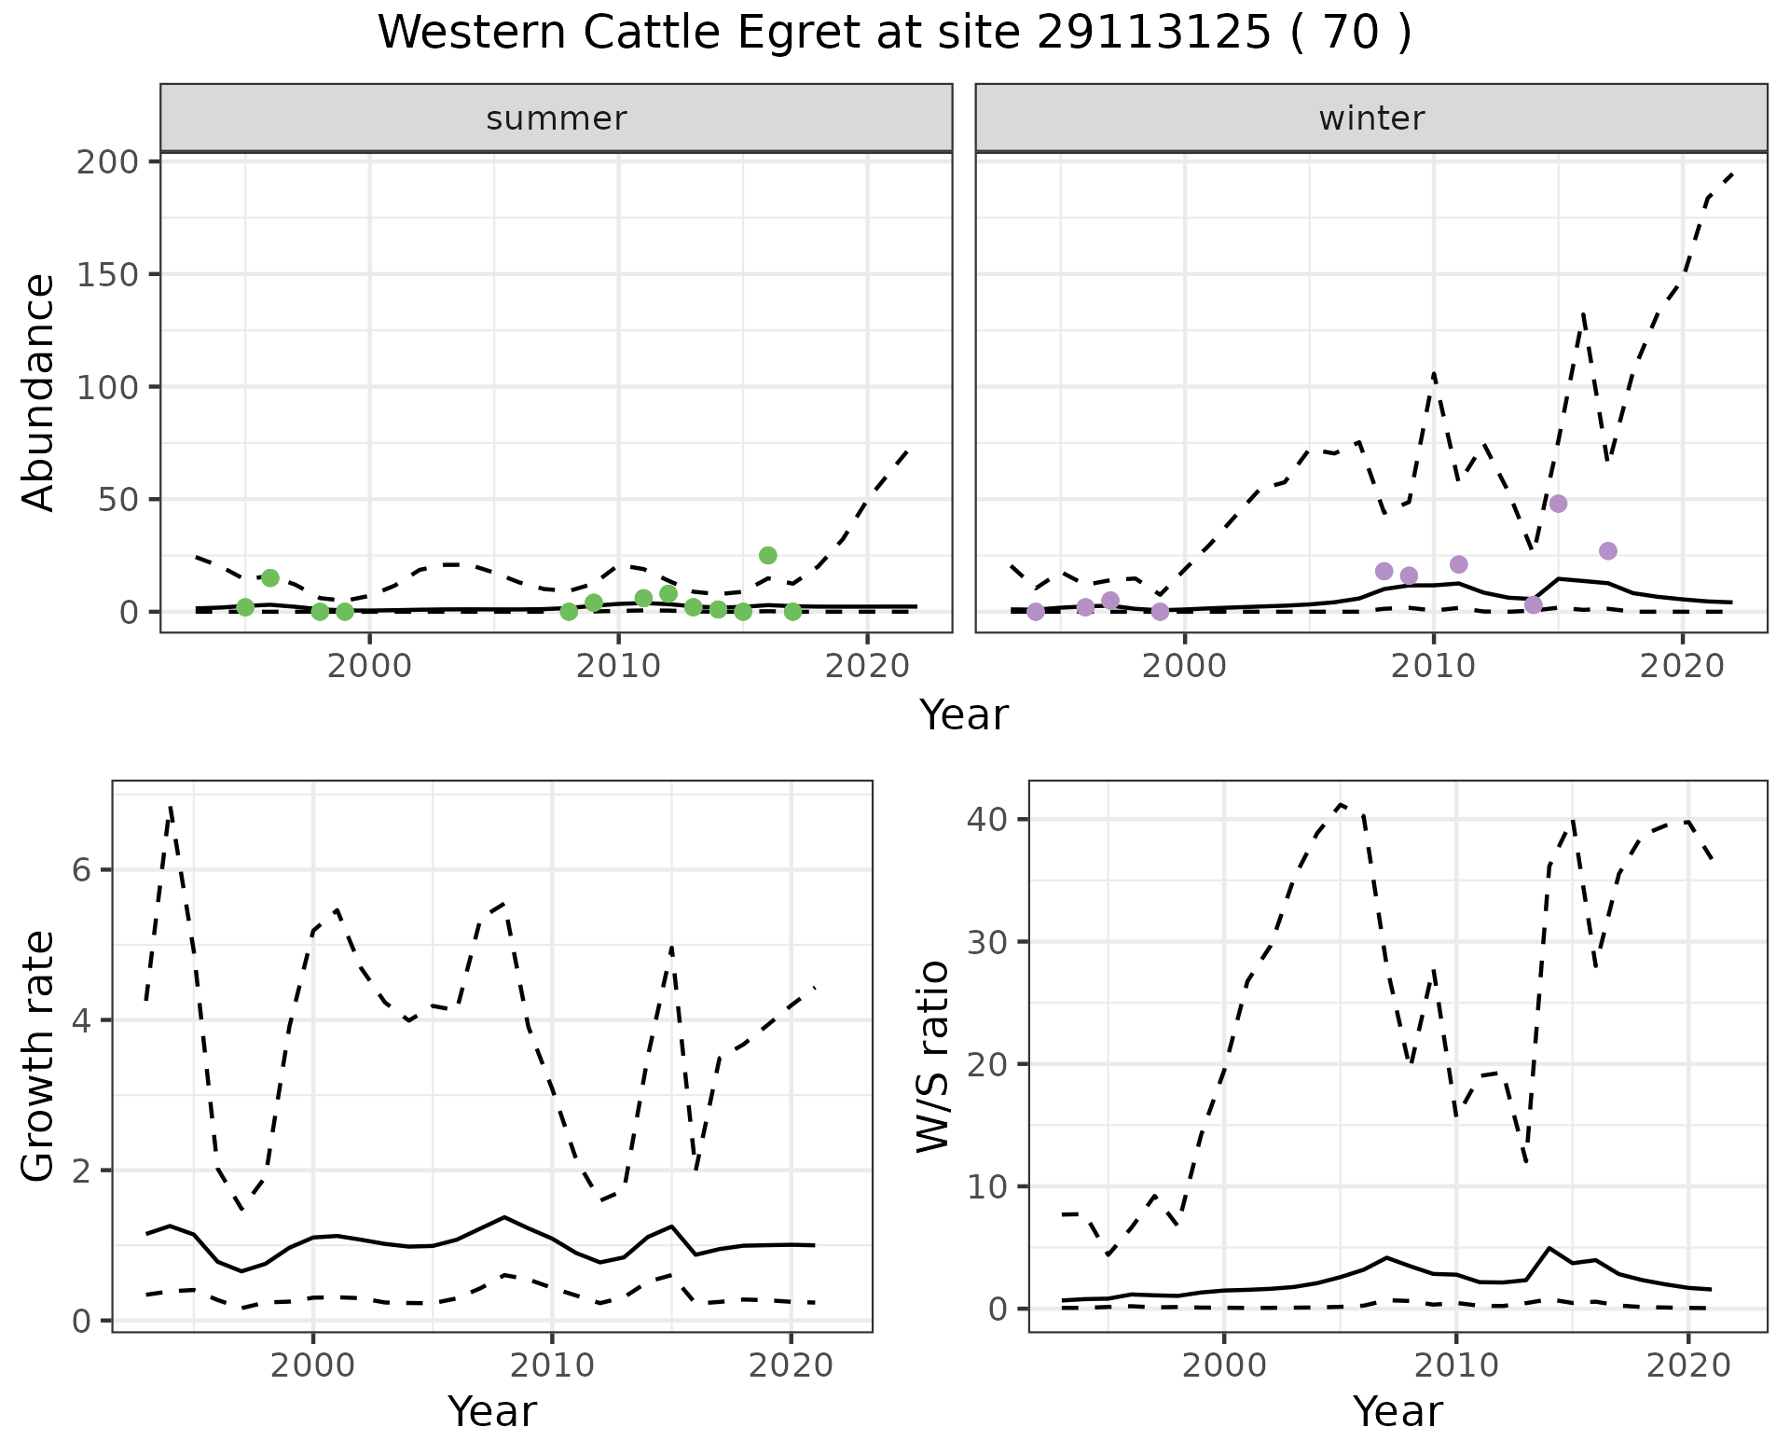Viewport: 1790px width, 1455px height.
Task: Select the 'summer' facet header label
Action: pos(557,118)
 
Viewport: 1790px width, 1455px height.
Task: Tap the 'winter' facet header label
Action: pos(1371,118)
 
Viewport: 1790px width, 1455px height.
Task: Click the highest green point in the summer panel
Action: pos(767,555)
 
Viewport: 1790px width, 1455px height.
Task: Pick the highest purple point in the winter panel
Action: pos(1558,504)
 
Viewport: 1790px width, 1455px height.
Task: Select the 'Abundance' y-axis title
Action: pos(39,393)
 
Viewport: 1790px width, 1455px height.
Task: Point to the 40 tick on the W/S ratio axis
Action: pos(988,819)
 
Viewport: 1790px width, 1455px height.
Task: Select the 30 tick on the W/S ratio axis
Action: pos(988,942)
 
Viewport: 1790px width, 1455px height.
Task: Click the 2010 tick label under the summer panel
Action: pos(618,667)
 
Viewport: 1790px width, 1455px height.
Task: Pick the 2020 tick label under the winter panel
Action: pos(1683,667)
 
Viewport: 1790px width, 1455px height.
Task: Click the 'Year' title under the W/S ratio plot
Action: pos(1398,1411)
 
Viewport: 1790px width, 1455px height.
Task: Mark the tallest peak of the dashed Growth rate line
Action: pos(171,806)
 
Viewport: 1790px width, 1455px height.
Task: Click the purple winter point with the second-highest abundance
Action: pos(1607,551)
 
